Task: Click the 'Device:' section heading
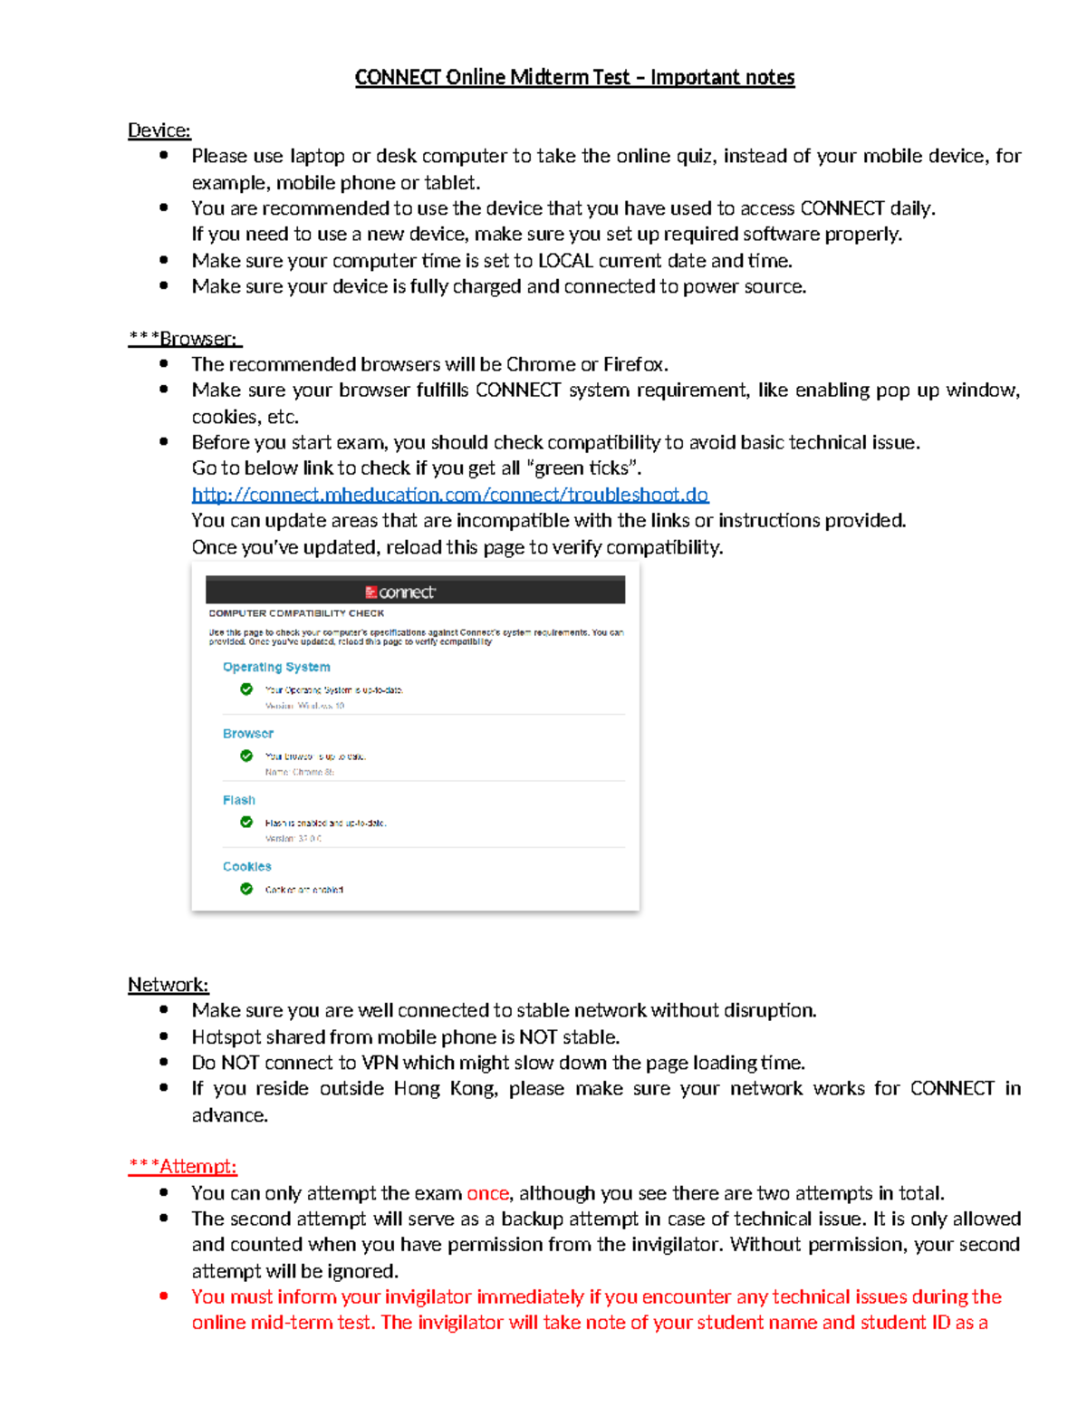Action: (159, 130)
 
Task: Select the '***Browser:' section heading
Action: (185, 339)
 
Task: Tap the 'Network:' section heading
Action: (168, 985)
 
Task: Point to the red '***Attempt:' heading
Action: (182, 1167)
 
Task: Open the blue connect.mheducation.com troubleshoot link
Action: (450, 495)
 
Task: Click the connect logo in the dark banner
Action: (400, 593)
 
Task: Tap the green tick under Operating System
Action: (246, 689)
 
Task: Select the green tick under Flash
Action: (246, 823)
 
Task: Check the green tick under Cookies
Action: (246, 889)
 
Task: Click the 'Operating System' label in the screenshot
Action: (276, 667)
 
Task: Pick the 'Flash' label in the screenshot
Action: (239, 800)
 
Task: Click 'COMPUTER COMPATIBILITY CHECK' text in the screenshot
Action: (296, 613)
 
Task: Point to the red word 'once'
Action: (487, 1193)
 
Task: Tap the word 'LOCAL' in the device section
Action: (565, 261)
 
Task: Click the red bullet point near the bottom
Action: (164, 1296)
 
